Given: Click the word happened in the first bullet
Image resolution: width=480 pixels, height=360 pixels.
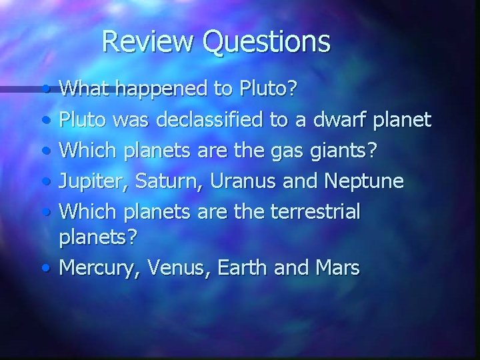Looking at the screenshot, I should tap(148, 88).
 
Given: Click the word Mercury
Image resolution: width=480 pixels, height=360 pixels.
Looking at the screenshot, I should tap(91, 269).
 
